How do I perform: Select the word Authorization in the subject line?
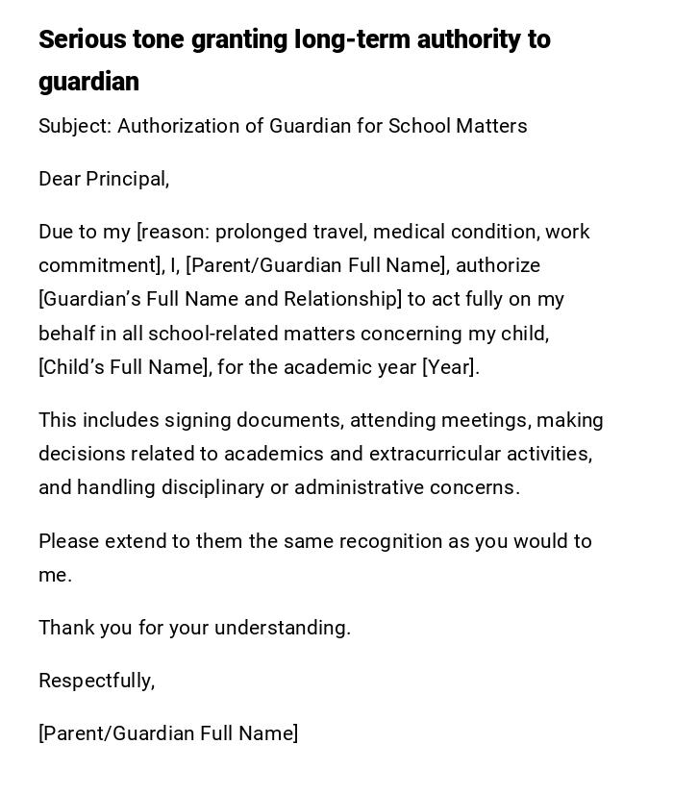(177, 126)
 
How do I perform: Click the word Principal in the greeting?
(127, 179)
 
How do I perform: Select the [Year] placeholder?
(450, 367)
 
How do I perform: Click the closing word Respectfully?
(96, 681)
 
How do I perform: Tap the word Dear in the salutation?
(60, 179)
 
